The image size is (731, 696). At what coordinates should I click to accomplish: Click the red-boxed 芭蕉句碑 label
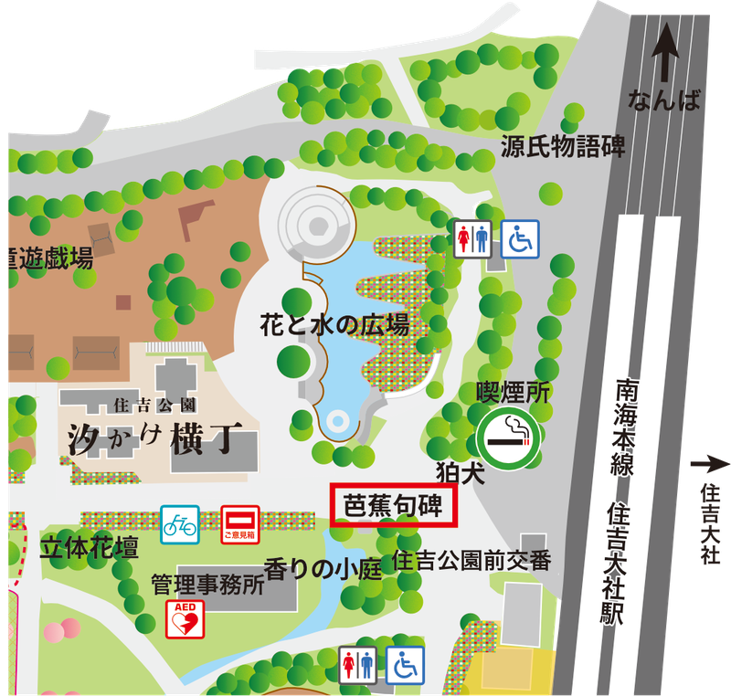(392, 505)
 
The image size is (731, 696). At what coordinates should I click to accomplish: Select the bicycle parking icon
(180, 524)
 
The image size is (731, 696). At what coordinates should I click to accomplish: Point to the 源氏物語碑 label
(563, 146)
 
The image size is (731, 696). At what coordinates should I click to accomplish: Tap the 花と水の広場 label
(333, 323)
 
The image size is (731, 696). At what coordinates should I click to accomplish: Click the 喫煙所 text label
(514, 392)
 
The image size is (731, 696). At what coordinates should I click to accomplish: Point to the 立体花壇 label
(90, 548)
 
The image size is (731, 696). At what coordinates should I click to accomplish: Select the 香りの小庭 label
(322, 569)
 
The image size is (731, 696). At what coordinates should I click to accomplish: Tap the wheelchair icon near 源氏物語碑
(519, 238)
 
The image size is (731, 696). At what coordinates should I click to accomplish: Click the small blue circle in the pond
(338, 422)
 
